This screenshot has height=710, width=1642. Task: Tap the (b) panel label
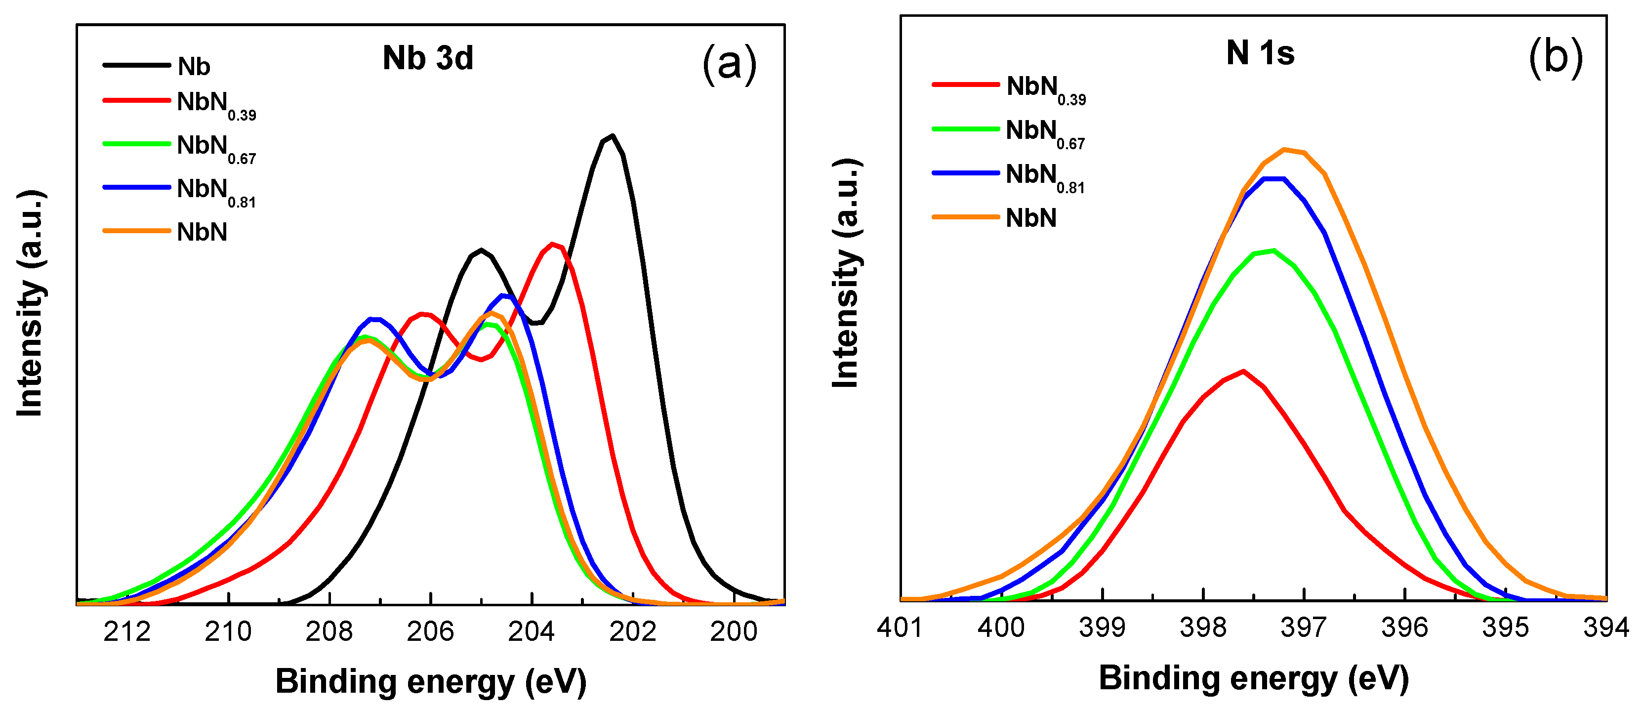[x=1556, y=57]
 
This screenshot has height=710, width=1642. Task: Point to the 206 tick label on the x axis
[x=430, y=631]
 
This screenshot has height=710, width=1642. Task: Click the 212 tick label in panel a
[x=127, y=631]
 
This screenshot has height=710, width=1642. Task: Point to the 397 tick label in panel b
[x=1304, y=628]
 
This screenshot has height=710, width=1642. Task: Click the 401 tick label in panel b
[x=900, y=628]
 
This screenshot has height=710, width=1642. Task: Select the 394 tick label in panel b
[x=1605, y=628]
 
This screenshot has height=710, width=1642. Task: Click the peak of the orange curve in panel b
[x=1284, y=150]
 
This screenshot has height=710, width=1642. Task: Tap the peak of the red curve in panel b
[x=1243, y=371]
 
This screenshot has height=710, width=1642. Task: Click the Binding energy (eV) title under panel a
[x=431, y=681]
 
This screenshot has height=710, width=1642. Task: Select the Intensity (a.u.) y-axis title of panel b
[x=847, y=274]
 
